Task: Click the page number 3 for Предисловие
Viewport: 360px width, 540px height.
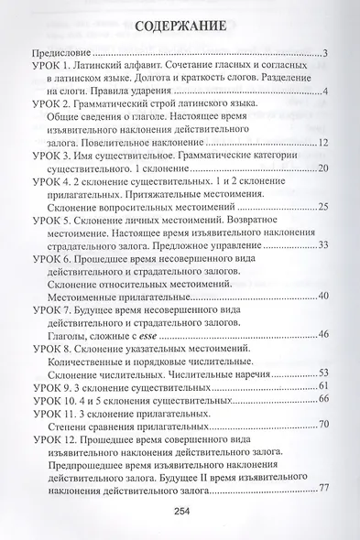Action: coord(326,55)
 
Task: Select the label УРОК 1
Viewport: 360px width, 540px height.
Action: coord(50,71)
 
